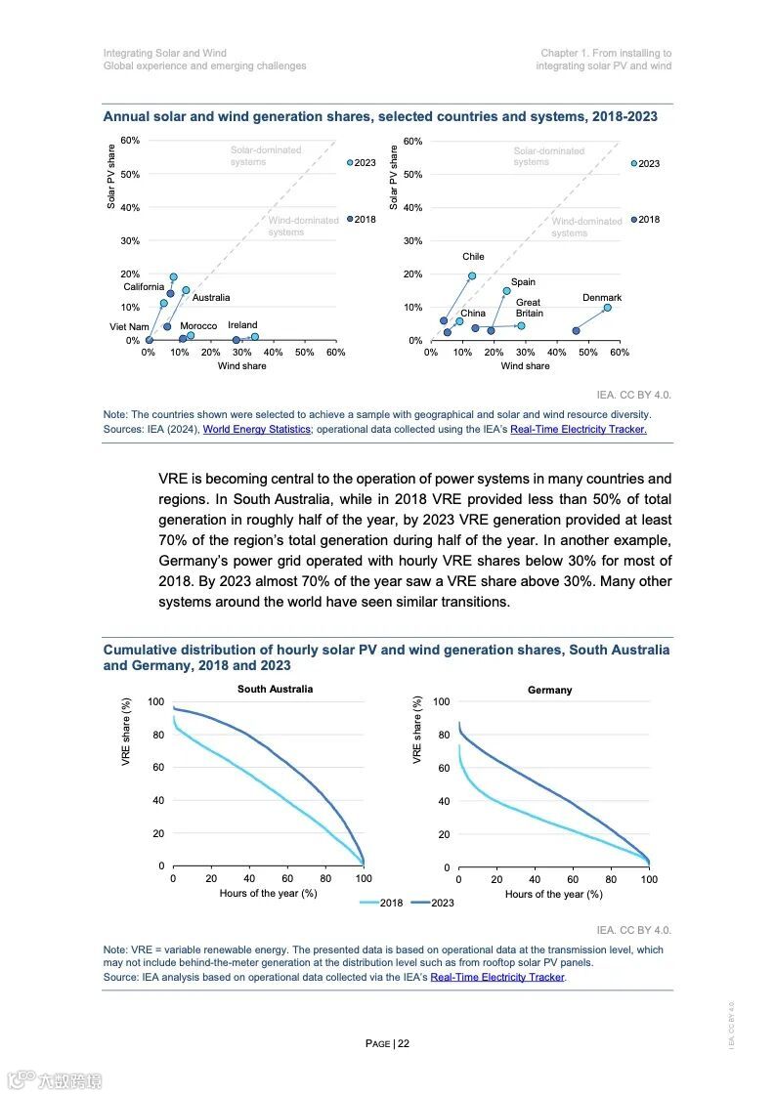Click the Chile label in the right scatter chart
click(x=473, y=257)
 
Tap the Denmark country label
click(x=602, y=298)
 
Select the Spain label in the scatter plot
click(x=523, y=282)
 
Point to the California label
click(x=144, y=287)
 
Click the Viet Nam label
click(x=129, y=327)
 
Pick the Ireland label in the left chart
click(x=242, y=325)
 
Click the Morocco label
click(x=198, y=326)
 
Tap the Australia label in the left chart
click(x=211, y=298)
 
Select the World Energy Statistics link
click(x=257, y=429)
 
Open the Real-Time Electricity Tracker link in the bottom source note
click(x=497, y=977)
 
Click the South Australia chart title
click(x=276, y=689)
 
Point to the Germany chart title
click(x=550, y=690)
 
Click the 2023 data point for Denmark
click(x=607, y=308)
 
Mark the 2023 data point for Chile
click(x=472, y=276)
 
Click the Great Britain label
click(x=529, y=308)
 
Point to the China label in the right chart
click(x=473, y=314)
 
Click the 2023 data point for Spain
click(x=506, y=291)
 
